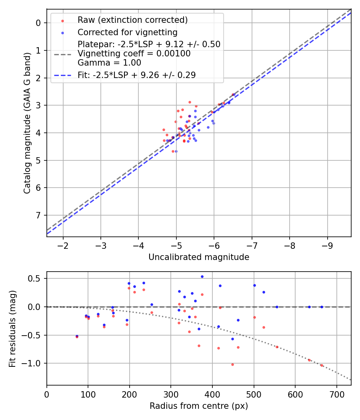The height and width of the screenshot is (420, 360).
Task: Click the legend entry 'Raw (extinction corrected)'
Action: (132, 20)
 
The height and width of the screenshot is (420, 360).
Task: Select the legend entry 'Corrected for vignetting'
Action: (127, 32)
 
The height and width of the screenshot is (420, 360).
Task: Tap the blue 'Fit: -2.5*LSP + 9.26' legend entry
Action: (136, 75)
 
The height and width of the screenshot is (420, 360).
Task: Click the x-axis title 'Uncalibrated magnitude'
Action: (199, 257)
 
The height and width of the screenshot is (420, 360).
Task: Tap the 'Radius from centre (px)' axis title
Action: (199, 406)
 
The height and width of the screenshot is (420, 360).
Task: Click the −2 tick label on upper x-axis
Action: (63, 245)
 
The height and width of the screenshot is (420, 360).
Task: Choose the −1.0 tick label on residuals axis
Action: (33, 363)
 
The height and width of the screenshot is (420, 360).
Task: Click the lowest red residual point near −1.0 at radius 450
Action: (232, 364)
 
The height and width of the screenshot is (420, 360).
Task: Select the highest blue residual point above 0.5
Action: (202, 276)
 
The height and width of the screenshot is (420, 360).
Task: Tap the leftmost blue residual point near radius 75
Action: (77, 336)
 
